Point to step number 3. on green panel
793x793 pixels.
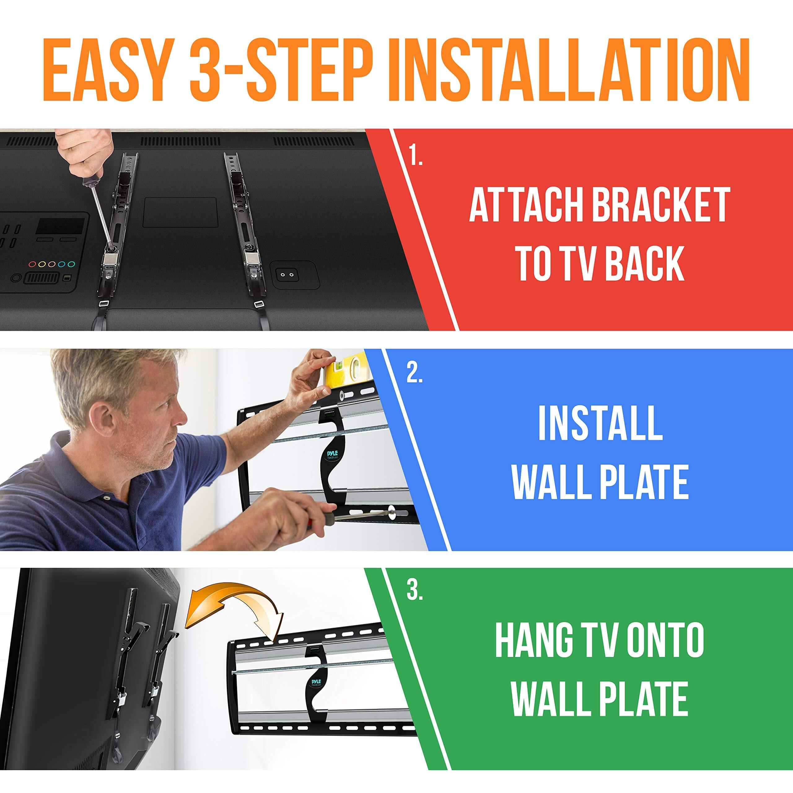click(414, 591)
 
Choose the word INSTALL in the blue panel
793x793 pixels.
click(600, 423)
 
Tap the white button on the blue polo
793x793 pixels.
click(107, 497)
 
